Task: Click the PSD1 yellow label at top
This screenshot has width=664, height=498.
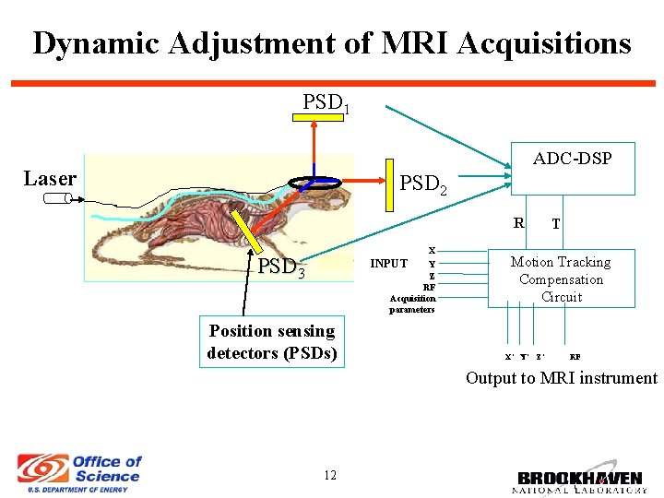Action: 326,102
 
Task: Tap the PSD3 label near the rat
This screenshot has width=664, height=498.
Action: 280,268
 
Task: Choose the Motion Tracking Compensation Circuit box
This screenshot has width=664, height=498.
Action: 561,279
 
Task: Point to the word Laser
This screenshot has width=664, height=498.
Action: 50,179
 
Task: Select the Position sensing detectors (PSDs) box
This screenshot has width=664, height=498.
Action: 272,342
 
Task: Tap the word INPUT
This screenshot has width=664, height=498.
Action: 388,264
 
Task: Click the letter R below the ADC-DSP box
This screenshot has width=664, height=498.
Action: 519,222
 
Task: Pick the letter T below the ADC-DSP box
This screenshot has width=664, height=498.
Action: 555,223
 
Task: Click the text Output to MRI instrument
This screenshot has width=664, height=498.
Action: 561,378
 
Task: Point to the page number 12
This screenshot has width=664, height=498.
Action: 329,475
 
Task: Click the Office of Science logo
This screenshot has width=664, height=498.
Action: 79,473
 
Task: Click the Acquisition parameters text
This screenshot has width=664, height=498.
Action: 412,303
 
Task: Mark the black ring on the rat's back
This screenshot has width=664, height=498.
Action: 314,183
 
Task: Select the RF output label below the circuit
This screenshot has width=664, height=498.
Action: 575,356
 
